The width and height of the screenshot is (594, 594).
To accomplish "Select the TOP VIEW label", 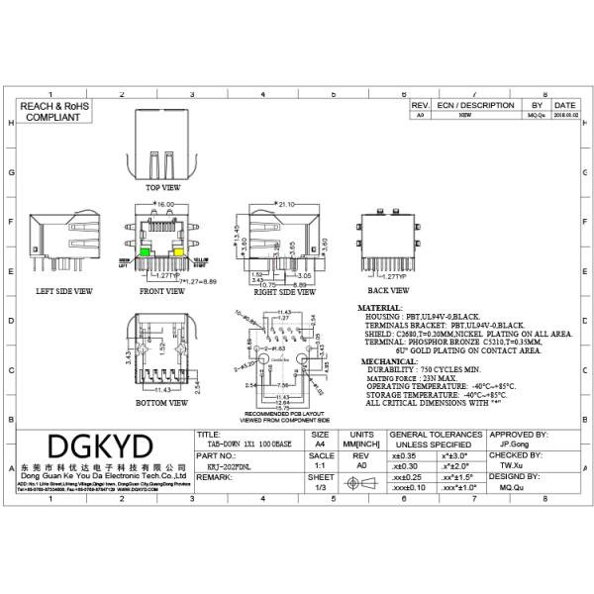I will point(163,186).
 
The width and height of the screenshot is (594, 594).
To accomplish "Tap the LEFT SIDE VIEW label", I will point(64,291).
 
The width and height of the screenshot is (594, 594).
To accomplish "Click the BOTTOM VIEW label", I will point(163,403).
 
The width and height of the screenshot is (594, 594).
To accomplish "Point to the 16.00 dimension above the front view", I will point(164,204).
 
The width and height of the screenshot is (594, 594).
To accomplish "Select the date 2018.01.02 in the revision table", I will point(565,115).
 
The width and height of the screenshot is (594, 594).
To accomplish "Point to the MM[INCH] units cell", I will point(362,445).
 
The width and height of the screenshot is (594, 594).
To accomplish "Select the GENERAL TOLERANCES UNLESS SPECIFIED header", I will point(436,440).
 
